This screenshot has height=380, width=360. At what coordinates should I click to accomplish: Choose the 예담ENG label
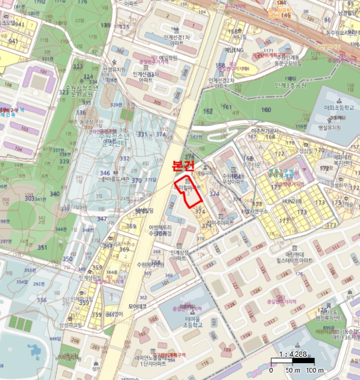233,49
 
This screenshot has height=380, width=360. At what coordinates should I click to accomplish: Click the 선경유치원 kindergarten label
114,69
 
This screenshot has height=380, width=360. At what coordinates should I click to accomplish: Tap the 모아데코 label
138,306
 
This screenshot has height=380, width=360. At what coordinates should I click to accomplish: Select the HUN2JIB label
290,201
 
